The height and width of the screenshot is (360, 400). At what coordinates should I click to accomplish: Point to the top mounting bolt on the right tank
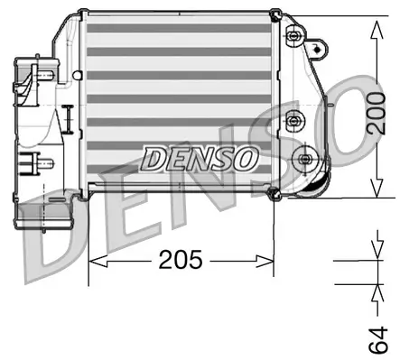(x=294, y=36)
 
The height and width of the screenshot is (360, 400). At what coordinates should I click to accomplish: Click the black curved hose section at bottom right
(x=307, y=187)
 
